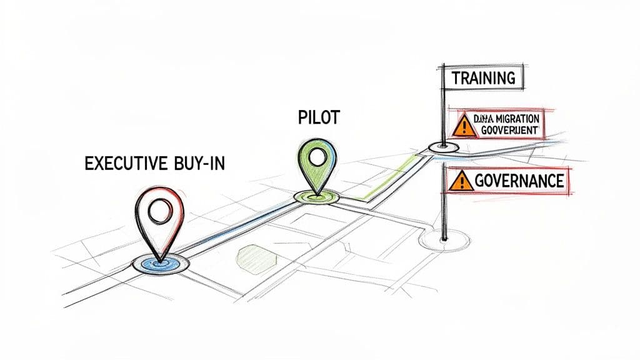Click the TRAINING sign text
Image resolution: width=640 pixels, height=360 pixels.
pos(484,79)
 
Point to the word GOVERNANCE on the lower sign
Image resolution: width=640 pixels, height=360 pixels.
pos(519,181)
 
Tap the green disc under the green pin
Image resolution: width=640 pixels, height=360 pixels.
pos(316,197)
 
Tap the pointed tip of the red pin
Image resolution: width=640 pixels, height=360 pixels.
pos(159,259)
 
